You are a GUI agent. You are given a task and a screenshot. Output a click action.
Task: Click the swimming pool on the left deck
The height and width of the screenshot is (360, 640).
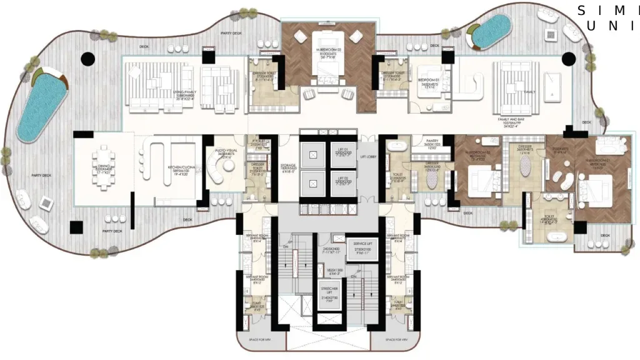click(40, 104)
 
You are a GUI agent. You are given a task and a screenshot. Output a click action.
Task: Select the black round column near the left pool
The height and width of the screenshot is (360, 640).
click(88, 59)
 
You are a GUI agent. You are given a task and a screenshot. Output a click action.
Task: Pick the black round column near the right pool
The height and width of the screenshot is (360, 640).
click(568, 59)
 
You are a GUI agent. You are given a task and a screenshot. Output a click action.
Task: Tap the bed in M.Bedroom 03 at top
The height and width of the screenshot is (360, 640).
click(327, 69)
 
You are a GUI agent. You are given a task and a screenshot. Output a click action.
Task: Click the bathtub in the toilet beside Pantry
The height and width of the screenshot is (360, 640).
click(395, 148)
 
